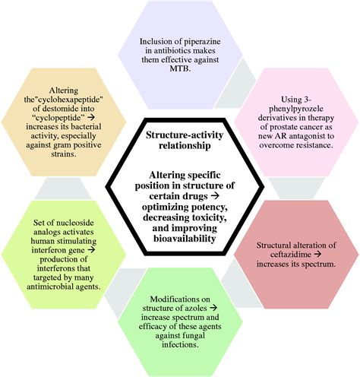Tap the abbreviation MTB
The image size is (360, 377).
(180, 68)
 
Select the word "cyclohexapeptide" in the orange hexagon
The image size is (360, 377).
(67, 100)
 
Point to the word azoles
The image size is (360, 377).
(197, 308)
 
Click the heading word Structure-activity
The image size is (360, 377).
(185, 135)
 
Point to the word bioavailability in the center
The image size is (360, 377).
(185, 239)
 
